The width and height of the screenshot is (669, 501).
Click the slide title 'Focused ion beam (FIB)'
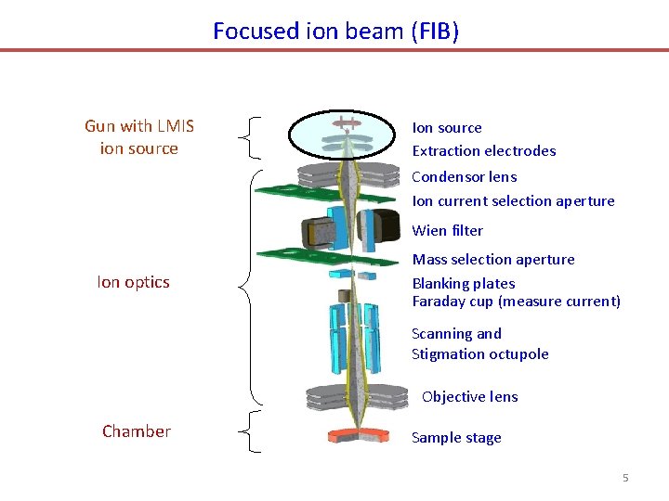[x=335, y=31]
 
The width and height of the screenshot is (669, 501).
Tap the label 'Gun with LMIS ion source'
[x=138, y=137]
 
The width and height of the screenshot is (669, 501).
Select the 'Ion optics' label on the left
[x=133, y=282]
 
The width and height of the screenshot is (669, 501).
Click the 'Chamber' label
[x=137, y=431]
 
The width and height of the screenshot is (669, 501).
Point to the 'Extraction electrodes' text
[x=483, y=151]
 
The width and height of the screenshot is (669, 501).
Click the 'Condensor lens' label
[x=464, y=177]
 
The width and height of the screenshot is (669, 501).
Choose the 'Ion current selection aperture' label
[x=513, y=201]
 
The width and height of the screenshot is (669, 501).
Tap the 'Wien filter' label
[x=447, y=231]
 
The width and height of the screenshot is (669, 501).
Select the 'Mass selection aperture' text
[x=492, y=260]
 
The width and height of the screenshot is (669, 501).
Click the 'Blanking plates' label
[x=463, y=284]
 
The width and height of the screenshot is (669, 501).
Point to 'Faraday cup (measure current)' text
[x=516, y=302]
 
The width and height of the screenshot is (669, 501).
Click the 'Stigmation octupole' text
[x=479, y=354]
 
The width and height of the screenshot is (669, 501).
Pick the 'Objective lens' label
[x=469, y=397]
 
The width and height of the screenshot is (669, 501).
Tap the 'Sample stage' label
[x=455, y=438]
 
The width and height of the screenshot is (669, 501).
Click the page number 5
[x=625, y=478]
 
